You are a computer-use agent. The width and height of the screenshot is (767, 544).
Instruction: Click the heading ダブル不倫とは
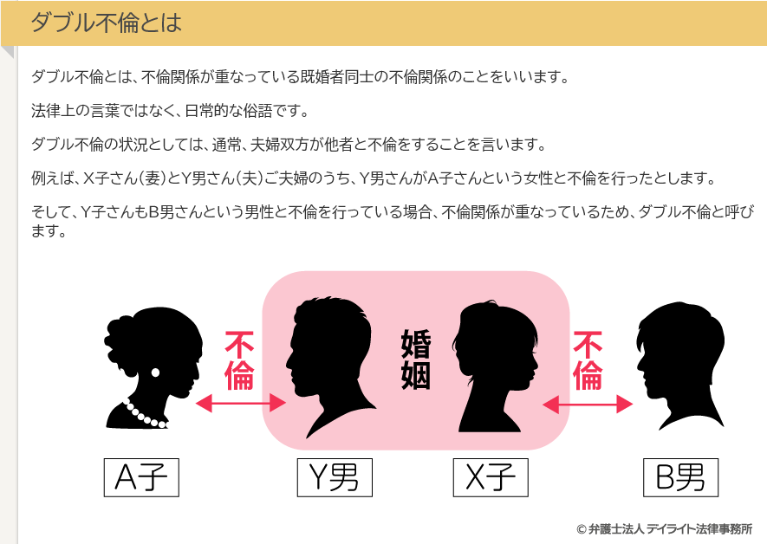(x=106, y=23)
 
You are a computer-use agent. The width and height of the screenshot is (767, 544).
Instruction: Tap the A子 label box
(x=141, y=476)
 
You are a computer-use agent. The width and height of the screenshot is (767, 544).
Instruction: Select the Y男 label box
(x=334, y=476)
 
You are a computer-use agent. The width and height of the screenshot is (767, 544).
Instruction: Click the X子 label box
(x=491, y=476)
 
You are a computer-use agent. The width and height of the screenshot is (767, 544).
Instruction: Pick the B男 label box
(x=680, y=476)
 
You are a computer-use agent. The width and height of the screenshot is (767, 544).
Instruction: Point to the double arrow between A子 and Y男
(x=241, y=403)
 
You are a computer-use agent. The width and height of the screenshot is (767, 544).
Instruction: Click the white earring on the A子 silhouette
(x=156, y=372)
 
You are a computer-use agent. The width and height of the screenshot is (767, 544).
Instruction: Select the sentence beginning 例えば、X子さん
(x=373, y=178)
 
